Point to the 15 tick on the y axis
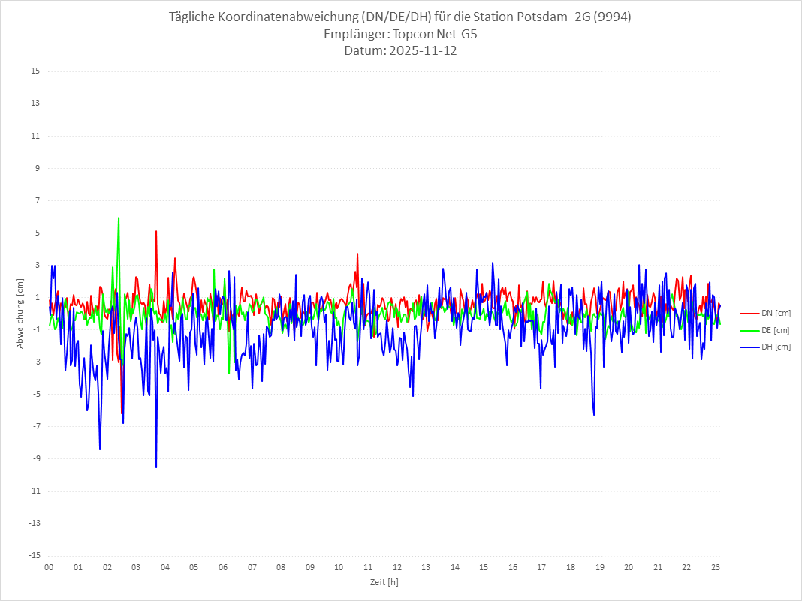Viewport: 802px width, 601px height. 35,71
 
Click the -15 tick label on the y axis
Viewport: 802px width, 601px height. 34,555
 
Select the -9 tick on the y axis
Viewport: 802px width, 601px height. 35,458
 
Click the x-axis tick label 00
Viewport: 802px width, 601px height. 49,567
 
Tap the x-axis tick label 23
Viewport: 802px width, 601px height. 716,567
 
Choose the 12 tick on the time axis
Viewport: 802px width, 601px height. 396,567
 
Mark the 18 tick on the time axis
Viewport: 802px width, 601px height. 571,567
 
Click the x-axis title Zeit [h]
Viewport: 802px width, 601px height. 384,581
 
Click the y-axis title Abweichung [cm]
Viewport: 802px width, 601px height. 20,314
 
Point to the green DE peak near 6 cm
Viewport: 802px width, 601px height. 119,218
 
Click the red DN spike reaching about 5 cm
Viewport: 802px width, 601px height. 156,232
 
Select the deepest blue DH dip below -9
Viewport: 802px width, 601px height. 156,466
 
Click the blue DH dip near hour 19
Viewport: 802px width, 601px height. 594,413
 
